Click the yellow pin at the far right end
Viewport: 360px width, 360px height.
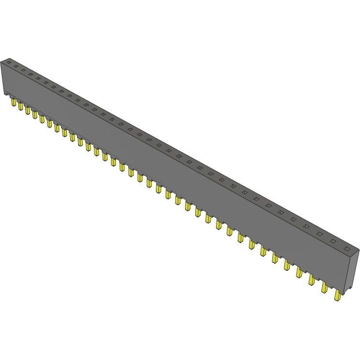[x=337, y=295]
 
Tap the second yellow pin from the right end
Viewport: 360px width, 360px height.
[x=325, y=287]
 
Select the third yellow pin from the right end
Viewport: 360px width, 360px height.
[x=312, y=280]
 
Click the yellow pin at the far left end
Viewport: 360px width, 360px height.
[x=14, y=103]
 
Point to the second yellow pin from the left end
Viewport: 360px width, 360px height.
[x=21, y=106]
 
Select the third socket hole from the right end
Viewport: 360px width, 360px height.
[x=319, y=234]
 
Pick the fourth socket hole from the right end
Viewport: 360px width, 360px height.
[x=306, y=226]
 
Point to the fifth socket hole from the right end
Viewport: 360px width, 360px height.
[x=293, y=219]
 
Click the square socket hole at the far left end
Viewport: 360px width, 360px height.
[x=8, y=63]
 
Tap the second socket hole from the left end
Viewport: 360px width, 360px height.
[x=16, y=66]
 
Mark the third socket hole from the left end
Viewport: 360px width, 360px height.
[x=23, y=70]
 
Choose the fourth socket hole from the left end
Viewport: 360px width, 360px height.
[x=31, y=74]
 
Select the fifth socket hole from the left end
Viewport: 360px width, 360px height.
[x=38, y=78]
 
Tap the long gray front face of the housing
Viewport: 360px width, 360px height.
[x=170, y=174]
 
